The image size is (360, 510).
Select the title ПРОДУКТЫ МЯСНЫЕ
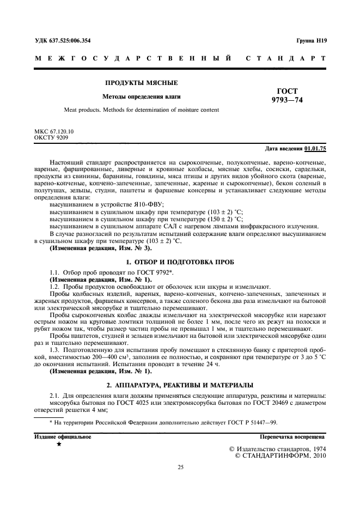coord(142,83)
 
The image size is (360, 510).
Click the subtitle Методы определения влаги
coord(142,97)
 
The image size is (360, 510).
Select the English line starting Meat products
coord(141,110)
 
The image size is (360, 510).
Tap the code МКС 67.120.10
coord(54,132)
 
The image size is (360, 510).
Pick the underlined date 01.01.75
coord(315,149)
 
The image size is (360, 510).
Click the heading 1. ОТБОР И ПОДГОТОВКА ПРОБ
coord(180,262)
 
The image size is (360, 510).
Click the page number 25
coord(180,467)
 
